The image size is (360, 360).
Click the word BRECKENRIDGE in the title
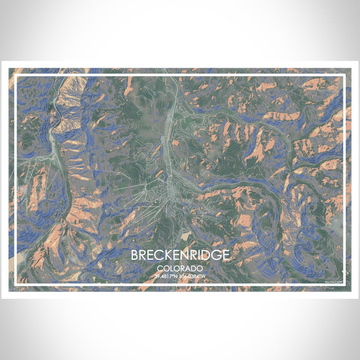coord(180,256)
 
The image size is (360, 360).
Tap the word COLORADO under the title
coord(180,268)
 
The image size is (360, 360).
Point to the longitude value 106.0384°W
coord(193,276)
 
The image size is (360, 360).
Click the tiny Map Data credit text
coord(333,281)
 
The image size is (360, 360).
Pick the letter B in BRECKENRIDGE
coord(135,256)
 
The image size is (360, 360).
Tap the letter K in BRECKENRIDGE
coord(166,256)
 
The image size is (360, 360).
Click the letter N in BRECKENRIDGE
coord(185,256)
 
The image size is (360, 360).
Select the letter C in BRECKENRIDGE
coord(156,256)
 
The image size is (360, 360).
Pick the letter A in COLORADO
coord(189,268)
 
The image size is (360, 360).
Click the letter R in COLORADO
coord(183,268)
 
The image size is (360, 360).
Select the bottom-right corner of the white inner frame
coord(344,284)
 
